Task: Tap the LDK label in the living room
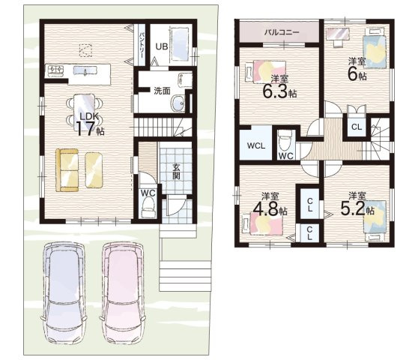click(x=89, y=116)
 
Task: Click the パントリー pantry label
click(x=142, y=44)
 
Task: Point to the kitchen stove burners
click(x=55, y=70)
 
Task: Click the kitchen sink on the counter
click(x=85, y=70)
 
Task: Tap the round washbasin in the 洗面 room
click(x=178, y=103)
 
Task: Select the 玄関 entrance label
click(x=176, y=172)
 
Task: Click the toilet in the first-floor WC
click(x=148, y=208)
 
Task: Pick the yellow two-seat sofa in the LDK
click(x=67, y=170)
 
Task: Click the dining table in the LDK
click(x=84, y=112)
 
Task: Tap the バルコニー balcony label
click(x=282, y=32)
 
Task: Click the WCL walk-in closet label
click(x=256, y=145)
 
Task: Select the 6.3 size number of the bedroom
click(x=275, y=91)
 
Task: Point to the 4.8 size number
click(x=265, y=208)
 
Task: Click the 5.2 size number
click(x=353, y=208)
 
